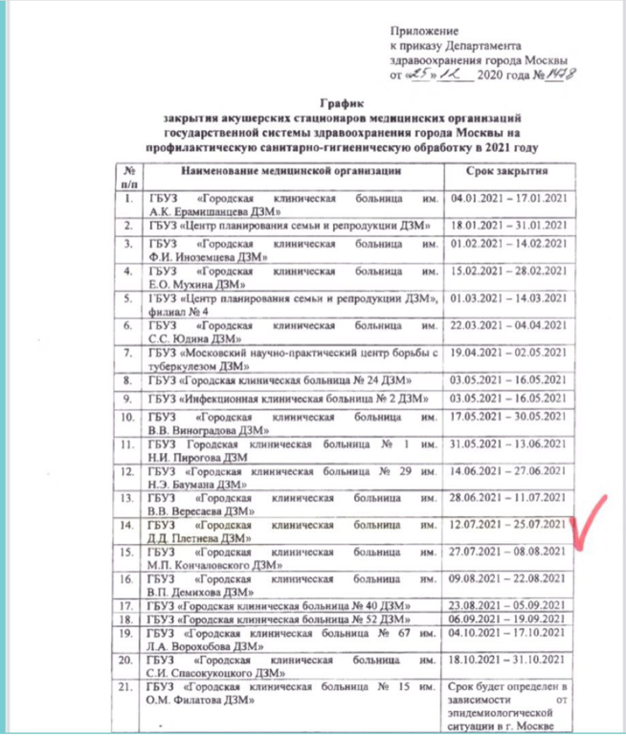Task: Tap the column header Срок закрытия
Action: [x=512, y=172]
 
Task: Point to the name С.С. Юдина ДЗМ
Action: [x=195, y=338]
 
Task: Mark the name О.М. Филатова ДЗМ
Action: [x=202, y=701]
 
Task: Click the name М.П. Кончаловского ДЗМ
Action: [x=211, y=567]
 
